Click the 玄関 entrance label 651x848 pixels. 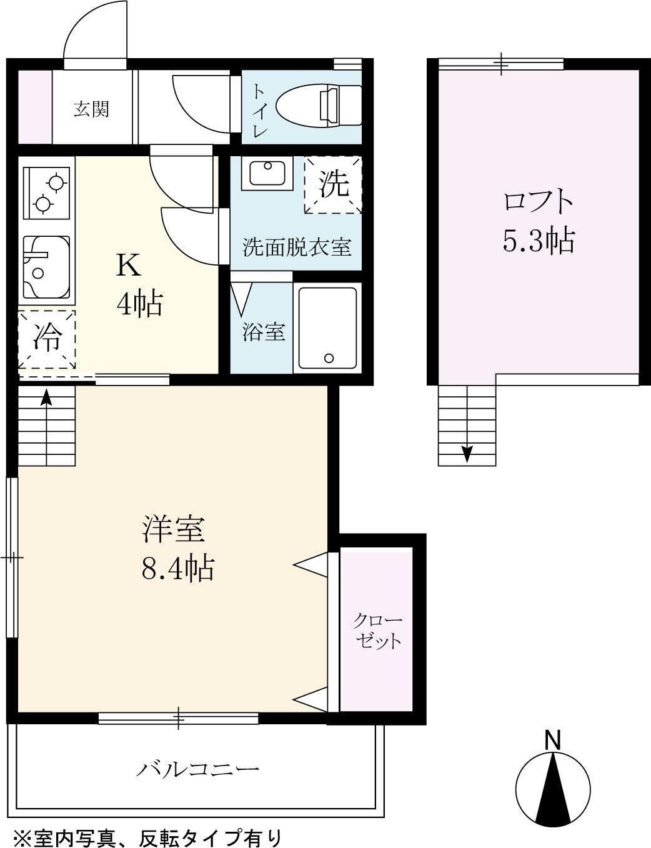point(92,109)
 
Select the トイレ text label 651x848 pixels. point(259,110)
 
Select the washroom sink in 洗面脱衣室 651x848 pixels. point(267,172)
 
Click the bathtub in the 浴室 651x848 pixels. point(327,327)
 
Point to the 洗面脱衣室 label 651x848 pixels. point(296,248)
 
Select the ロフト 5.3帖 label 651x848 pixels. point(538,222)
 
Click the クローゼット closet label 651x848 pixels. point(377,631)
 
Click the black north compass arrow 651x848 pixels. point(554,787)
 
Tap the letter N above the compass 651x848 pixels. point(553,741)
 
